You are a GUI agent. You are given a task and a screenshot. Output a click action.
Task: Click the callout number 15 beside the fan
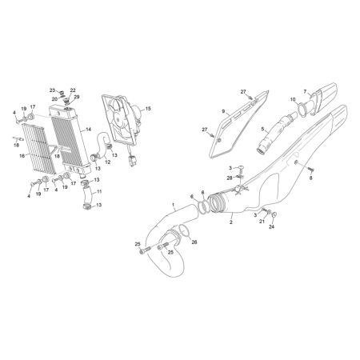click(148, 109)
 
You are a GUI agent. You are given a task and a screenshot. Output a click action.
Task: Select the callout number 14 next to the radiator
click(89, 130)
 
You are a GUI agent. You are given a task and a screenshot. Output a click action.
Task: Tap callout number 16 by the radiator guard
click(22, 155)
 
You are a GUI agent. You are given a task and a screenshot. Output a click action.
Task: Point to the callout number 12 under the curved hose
click(107, 162)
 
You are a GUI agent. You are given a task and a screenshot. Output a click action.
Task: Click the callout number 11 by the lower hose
click(99, 191)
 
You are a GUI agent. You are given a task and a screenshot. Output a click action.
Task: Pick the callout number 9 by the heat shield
click(223, 111)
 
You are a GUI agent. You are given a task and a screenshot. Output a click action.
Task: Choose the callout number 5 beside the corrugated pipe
click(262, 130)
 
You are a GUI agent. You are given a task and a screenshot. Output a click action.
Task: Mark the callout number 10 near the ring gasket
click(293, 99)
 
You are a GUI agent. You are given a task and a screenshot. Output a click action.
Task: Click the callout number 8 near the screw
click(310, 178)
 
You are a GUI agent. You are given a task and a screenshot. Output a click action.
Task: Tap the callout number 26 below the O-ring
click(194, 242)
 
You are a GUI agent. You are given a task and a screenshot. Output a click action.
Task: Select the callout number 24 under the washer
click(271, 226)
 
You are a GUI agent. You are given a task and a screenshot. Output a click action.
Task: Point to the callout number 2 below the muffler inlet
click(231, 222)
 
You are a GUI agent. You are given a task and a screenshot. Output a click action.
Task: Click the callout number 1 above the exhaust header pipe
click(174, 205)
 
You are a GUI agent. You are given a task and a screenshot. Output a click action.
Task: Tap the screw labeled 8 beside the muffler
click(311, 169)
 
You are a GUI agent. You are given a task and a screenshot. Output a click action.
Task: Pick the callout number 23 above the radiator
click(52, 90)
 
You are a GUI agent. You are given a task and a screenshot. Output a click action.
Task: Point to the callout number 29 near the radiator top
click(77, 97)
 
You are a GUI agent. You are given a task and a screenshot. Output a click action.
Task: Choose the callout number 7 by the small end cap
click(305, 91)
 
